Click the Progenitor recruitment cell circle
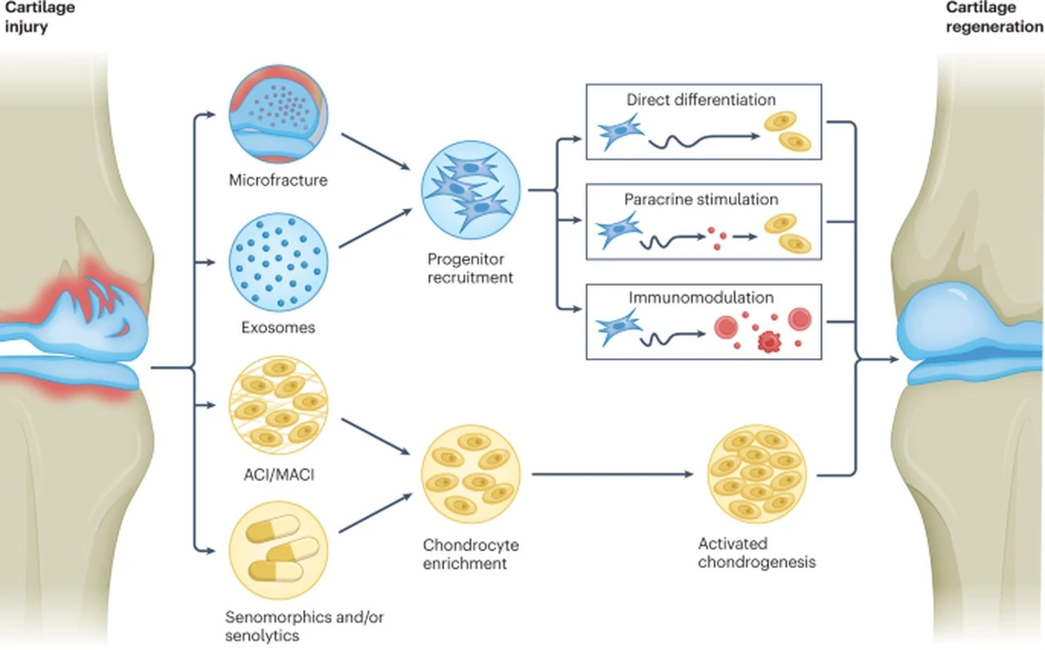click(x=470, y=190)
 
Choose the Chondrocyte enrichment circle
click(x=470, y=475)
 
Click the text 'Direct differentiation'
click(x=701, y=100)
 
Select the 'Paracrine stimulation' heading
click(x=701, y=199)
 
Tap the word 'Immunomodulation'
click(x=701, y=298)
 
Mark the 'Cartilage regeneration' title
click(x=994, y=17)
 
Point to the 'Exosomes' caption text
click(x=278, y=328)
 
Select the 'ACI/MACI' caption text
click(x=279, y=475)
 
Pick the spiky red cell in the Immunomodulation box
click(x=766, y=341)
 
